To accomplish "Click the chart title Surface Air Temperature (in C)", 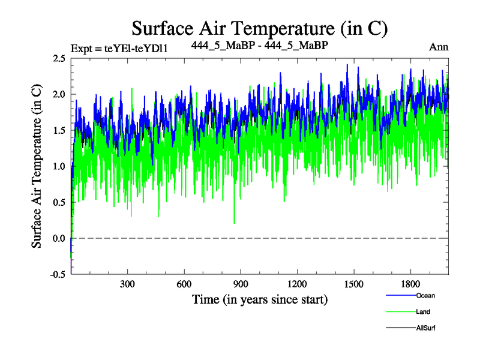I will pos(259,28).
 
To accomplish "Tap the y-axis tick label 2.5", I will pos(59,58).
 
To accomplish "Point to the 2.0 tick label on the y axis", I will pos(59,94).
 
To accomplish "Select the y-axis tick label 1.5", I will pos(59,130).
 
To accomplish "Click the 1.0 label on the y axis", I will pos(59,166).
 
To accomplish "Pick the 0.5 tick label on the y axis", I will pos(59,202).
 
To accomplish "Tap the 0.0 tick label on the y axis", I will pos(59,238).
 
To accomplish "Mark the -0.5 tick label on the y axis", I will pos(58,274).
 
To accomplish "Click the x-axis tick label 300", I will pos(127,284).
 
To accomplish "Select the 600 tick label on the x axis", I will pos(184,284).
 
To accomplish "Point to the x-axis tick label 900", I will pos(241,284).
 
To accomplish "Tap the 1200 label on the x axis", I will pos(297,284).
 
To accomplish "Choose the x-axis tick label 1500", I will pos(354,284).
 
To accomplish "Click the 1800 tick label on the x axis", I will pos(410,284).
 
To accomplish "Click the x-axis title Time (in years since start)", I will pos(259,299).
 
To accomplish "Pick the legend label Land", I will pos(423,311).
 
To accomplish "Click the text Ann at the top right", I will pos(439,47).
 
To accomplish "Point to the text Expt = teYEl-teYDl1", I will pos(119,48).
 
